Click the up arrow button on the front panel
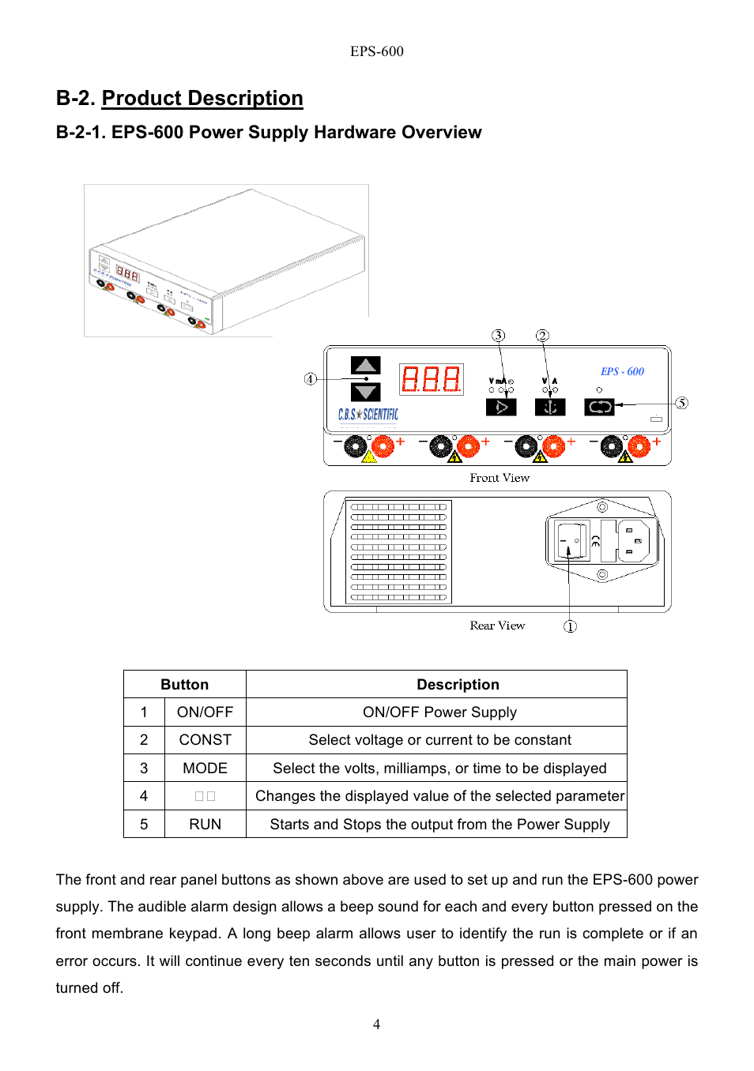click(x=365, y=365)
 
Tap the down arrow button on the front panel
click(x=365, y=392)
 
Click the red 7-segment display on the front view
click(x=431, y=379)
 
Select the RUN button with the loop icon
click(x=599, y=407)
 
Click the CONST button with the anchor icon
click(x=550, y=407)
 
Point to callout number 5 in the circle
click(x=681, y=403)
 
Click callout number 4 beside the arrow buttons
click(x=311, y=379)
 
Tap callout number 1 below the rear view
click(x=570, y=626)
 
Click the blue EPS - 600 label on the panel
click(x=622, y=371)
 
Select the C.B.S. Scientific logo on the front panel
click(x=368, y=414)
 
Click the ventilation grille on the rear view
click(x=398, y=551)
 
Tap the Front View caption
click(x=500, y=478)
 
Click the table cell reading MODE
click(x=205, y=768)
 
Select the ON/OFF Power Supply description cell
click(x=439, y=712)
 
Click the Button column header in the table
click(x=184, y=684)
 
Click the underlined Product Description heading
click(x=202, y=98)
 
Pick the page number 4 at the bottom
click(x=376, y=1024)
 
